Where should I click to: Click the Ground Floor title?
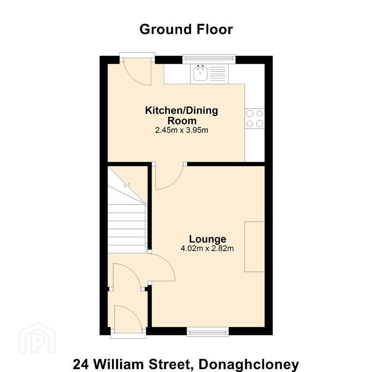pyautogui.click(x=186, y=30)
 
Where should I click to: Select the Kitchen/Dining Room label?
pyautogui.click(x=182, y=116)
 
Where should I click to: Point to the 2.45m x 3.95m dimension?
pyautogui.click(x=182, y=130)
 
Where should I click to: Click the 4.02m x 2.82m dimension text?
pyautogui.click(x=207, y=248)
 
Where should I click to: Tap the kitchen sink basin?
pyautogui.click(x=201, y=73)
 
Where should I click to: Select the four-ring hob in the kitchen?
pyautogui.click(x=255, y=119)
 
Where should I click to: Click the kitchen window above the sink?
pyautogui.click(x=209, y=59)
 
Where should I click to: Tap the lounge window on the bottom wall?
pyautogui.click(x=208, y=332)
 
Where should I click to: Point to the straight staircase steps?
pyautogui.click(x=126, y=228)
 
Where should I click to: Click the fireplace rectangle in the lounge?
pyautogui.click(x=255, y=247)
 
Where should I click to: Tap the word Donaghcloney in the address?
pyautogui.click(x=249, y=364)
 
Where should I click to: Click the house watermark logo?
pyautogui.click(x=37, y=337)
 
